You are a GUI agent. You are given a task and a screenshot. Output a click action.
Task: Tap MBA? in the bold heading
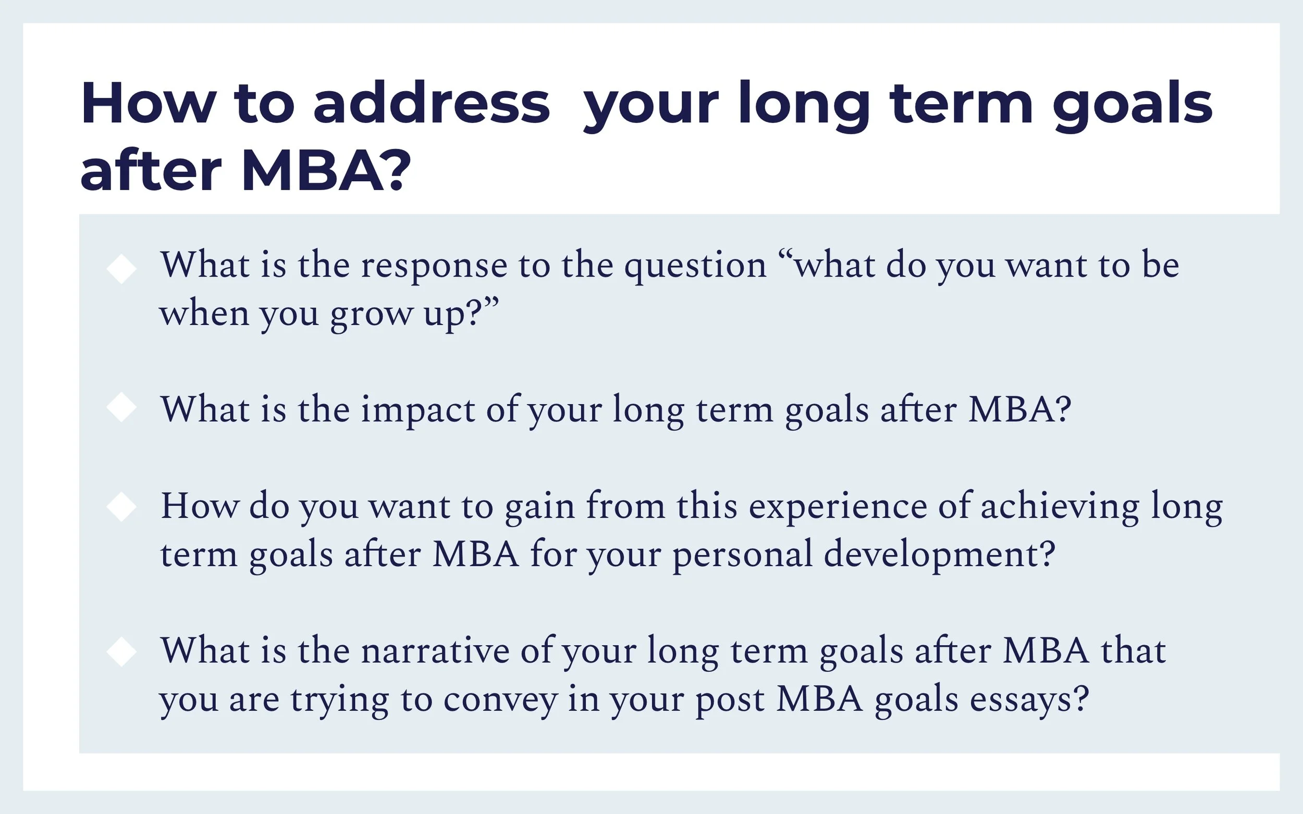326,171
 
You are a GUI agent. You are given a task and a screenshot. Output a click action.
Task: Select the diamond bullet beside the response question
122,269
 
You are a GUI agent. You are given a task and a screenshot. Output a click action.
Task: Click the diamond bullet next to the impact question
122,408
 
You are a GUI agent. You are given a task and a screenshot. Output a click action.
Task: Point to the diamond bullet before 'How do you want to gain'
122,507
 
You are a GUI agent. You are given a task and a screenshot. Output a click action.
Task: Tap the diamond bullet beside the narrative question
122,652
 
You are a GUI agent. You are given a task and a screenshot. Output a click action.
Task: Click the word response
434,267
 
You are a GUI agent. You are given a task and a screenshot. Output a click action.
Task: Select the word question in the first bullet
695,267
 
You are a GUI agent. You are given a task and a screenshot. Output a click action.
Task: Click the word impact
417,411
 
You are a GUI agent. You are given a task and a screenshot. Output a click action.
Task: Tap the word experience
838,508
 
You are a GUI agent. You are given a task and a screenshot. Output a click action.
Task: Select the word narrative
435,651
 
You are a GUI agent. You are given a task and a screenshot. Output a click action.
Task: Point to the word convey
500,700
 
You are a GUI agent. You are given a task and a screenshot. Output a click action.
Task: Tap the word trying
339,700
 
